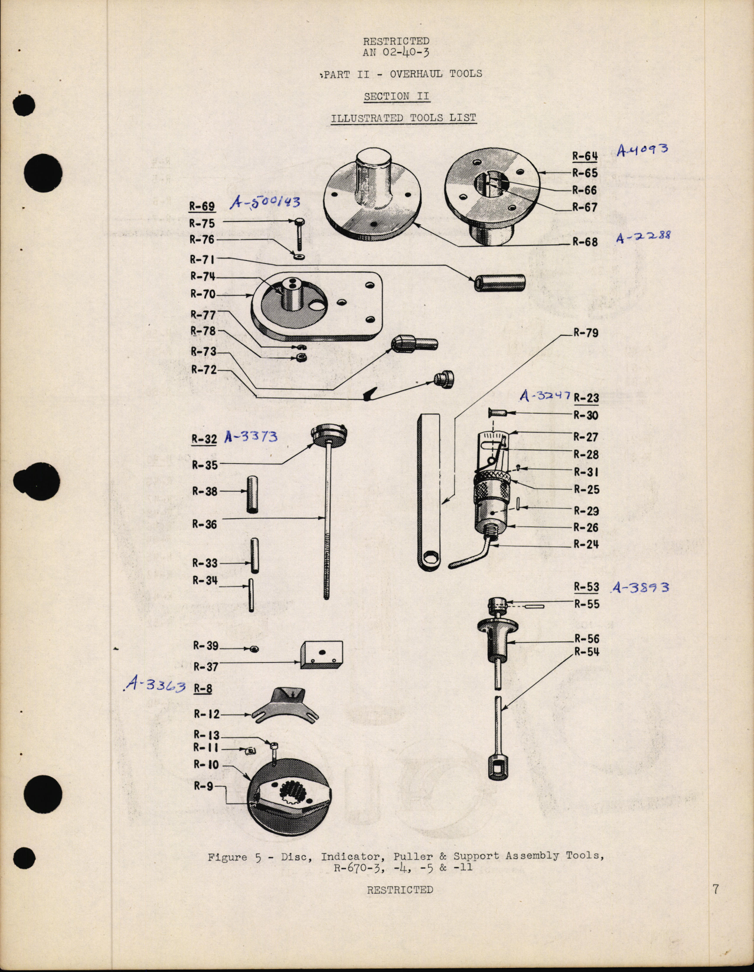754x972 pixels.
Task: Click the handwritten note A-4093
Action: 642,149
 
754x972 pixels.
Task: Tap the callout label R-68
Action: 585,242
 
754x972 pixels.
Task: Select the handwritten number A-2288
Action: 643,237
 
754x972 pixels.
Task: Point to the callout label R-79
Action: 586,333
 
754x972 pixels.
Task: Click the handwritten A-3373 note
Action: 250,437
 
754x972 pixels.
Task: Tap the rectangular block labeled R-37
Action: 321,654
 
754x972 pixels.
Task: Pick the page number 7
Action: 716,889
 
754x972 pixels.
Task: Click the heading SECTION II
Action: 396,96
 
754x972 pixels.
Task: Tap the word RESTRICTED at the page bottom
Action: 400,889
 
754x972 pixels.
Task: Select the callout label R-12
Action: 206,714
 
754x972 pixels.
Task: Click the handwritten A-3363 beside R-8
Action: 155,685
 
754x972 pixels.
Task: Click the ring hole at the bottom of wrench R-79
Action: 431,558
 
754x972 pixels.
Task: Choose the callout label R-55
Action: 586,604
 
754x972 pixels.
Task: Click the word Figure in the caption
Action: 227,857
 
